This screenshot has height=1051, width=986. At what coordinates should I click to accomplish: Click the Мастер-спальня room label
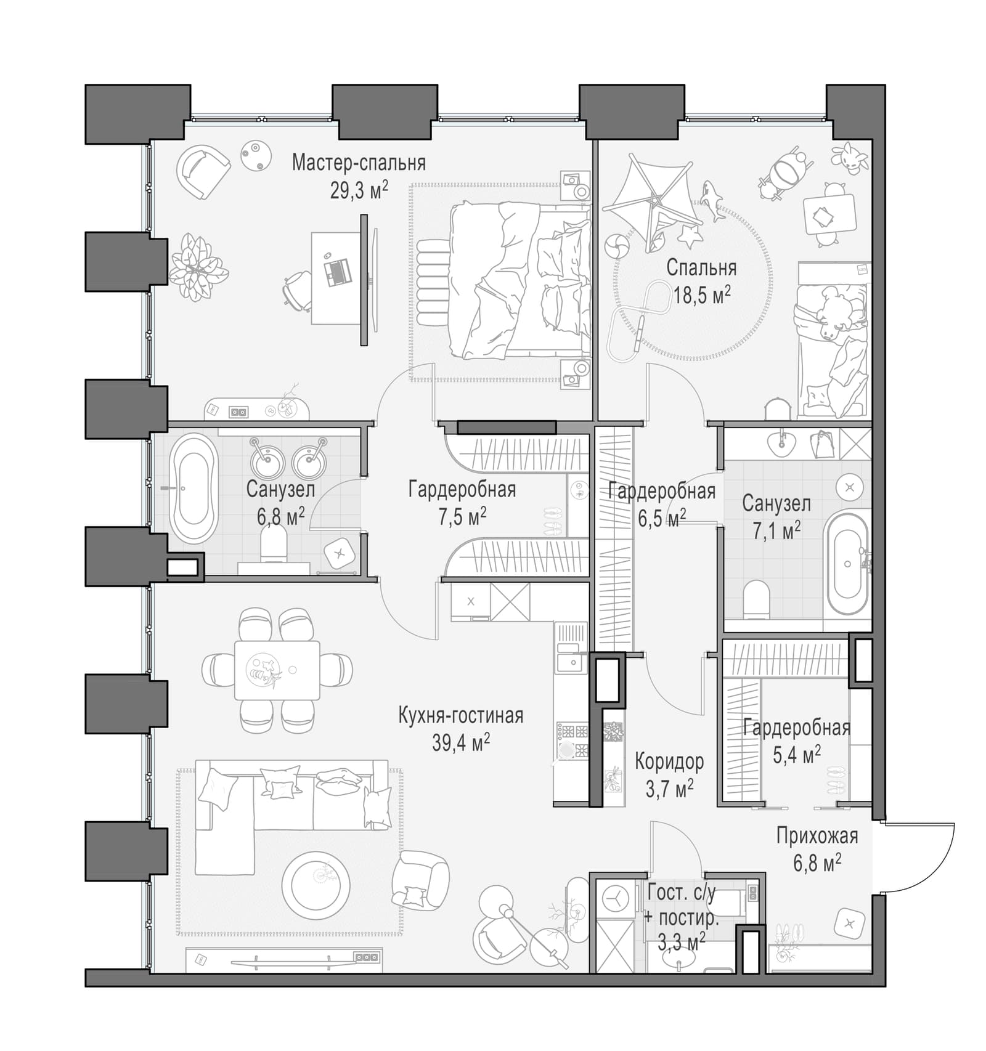pos(359,163)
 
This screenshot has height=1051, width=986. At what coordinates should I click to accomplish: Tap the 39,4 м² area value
pos(461,743)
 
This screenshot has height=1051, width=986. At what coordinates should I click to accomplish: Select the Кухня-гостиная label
pos(461,716)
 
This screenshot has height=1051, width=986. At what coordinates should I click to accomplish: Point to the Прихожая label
pos(817,836)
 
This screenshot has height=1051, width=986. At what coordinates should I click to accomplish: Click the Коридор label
pos(669,762)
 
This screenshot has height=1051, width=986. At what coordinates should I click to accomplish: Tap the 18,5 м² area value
pos(702,295)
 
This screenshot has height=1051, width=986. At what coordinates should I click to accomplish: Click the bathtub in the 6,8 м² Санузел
pos(194,488)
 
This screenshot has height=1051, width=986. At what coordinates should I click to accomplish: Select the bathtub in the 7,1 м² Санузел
pos(847,564)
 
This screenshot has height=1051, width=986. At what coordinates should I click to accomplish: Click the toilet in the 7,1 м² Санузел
pos(757,599)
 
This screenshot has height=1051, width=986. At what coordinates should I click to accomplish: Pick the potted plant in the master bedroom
pos(198,267)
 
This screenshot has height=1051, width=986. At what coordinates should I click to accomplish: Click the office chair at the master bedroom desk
pos(298,289)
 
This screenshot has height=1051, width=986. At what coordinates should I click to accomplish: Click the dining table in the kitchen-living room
pos(277,670)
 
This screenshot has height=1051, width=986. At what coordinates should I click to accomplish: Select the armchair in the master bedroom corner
pos(202,171)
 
